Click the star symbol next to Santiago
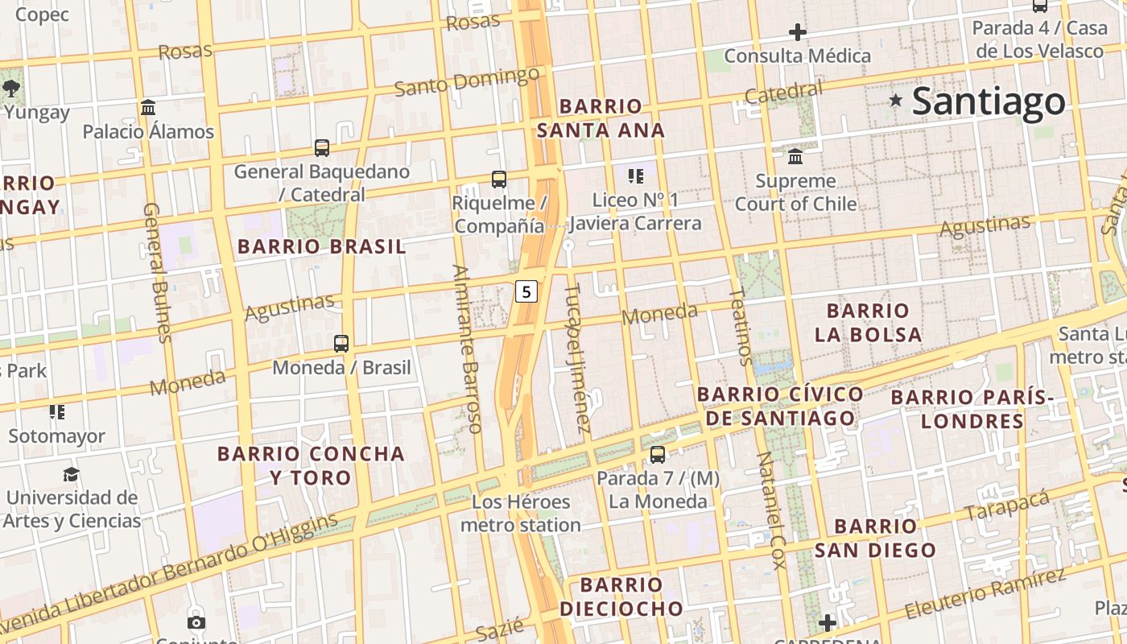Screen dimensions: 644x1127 (x=895, y=101)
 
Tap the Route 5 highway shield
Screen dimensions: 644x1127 (x=526, y=291)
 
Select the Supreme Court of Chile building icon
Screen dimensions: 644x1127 (x=795, y=155)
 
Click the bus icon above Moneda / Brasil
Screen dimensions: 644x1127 (x=341, y=344)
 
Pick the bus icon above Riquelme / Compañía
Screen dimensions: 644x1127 (x=499, y=180)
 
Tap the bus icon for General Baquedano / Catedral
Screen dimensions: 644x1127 (x=322, y=148)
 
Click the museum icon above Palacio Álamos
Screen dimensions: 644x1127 (x=148, y=107)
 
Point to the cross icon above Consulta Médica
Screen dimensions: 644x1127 (x=798, y=32)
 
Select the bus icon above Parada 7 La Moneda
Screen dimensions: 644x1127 (x=658, y=455)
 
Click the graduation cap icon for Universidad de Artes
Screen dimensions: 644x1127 (x=72, y=474)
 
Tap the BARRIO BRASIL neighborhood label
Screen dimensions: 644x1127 (x=322, y=247)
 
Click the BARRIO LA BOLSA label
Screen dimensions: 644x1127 (x=868, y=322)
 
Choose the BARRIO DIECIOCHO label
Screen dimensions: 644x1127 (x=621, y=596)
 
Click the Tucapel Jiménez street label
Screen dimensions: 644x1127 (x=579, y=358)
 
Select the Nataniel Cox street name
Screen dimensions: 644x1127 (x=770, y=510)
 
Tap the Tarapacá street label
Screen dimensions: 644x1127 (x=1008, y=504)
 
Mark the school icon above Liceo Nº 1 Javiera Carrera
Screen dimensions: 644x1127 (x=636, y=176)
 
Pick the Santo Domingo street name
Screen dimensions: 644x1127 (x=467, y=82)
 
